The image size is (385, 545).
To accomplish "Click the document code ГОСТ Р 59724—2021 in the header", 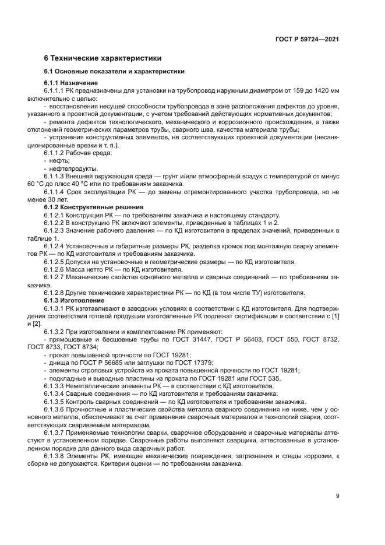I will [307, 40].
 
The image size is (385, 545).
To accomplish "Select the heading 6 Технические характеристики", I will [103, 58].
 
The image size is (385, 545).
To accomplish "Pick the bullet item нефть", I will [59, 160].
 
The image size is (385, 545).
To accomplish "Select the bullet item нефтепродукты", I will [69, 168].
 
